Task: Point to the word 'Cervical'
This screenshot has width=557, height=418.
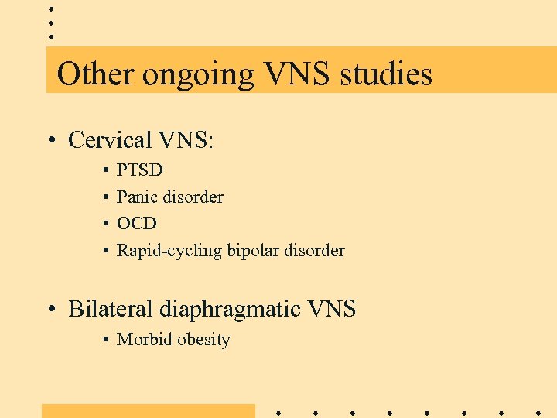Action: [110, 140]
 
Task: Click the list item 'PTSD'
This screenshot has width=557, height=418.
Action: [140, 170]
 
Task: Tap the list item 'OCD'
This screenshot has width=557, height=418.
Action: [137, 224]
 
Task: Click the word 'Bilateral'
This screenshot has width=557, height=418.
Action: [111, 309]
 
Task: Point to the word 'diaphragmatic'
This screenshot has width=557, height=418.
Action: [231, 310]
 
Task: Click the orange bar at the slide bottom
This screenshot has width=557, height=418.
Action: [148, 411]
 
